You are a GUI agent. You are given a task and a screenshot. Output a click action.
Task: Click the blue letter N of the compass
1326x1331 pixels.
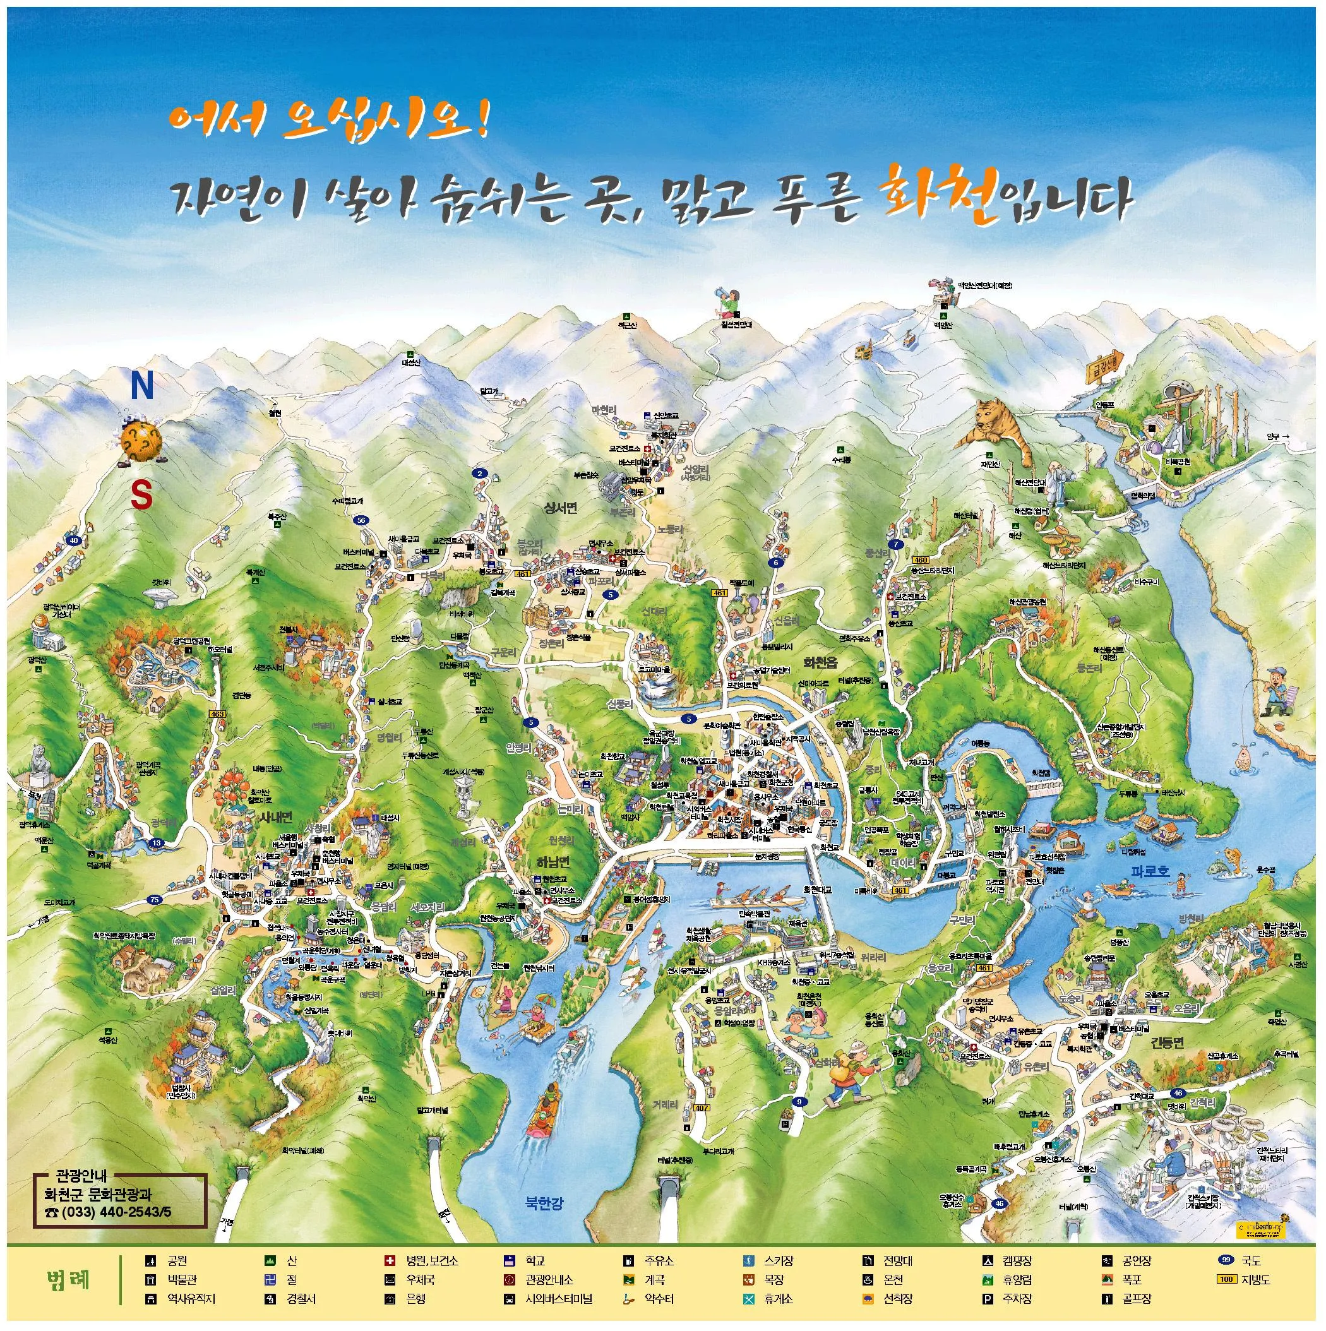pyautogui.click(x=142, y=387)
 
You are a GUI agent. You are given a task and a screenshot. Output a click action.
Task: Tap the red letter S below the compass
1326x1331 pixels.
pyautogui.click(x=142, y=495)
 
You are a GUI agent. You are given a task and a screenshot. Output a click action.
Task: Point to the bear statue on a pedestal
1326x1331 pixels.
pyautogui.click(x=39, y=761)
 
